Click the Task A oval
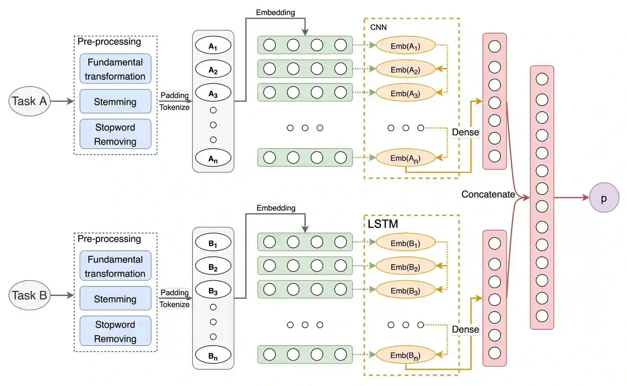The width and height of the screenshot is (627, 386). click(x=29, y=101)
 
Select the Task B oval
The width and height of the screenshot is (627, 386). click(x=29, y=295)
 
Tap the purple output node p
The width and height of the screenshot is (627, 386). click(x=604, y=198)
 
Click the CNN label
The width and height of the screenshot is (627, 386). click(x=378, y=27)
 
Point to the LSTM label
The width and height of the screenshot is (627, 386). click(x=383, y=224)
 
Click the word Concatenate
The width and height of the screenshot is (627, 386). click(x=488, y=194)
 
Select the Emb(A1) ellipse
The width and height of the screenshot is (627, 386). click(x=405, y=45)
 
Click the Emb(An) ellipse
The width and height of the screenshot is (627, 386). click(x=405, y=158)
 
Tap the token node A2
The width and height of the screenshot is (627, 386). click(x=213, y=69)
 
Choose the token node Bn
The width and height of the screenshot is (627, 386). click(x=213, y=355)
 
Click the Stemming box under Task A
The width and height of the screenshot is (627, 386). click(x=115, y=102)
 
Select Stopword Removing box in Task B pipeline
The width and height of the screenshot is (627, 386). click(x=115, y=331)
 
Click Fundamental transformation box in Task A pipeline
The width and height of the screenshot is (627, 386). click(x=115, y=69)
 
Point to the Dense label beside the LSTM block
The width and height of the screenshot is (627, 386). click(x=465, y=329)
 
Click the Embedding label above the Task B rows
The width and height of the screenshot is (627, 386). click(x=276, y=208)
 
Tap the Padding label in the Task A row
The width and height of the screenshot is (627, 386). click(x=175, y=95)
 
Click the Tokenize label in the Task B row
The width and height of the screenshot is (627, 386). click(x=174, y=305)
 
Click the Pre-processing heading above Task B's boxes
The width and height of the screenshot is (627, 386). click(x=109, y=239)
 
